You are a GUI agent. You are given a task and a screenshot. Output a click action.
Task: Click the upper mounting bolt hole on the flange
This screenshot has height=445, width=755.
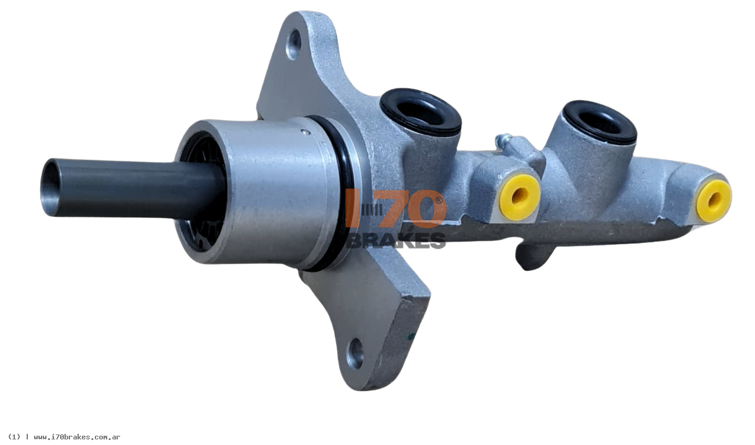[294, 45]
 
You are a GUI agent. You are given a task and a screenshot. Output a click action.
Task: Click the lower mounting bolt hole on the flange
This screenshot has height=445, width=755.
[356, 354]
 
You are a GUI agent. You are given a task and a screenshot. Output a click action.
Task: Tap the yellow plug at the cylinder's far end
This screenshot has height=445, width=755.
[714, 201]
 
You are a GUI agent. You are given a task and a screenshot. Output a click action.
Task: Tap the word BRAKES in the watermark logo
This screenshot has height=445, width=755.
[396, 240]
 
